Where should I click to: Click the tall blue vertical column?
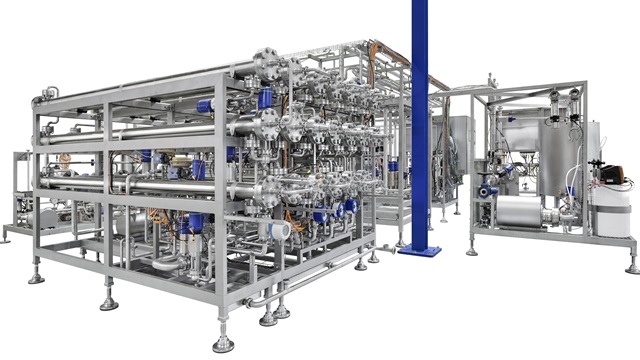pos(420,110)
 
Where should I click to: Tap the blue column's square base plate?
pos(419,250)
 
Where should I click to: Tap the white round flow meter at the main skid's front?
pos(280,231)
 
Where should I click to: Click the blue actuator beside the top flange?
pos(265,98)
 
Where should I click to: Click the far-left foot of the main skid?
pos(37,274)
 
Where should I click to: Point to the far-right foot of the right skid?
pos(632,267)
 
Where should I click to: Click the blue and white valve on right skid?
pos(487,191)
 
